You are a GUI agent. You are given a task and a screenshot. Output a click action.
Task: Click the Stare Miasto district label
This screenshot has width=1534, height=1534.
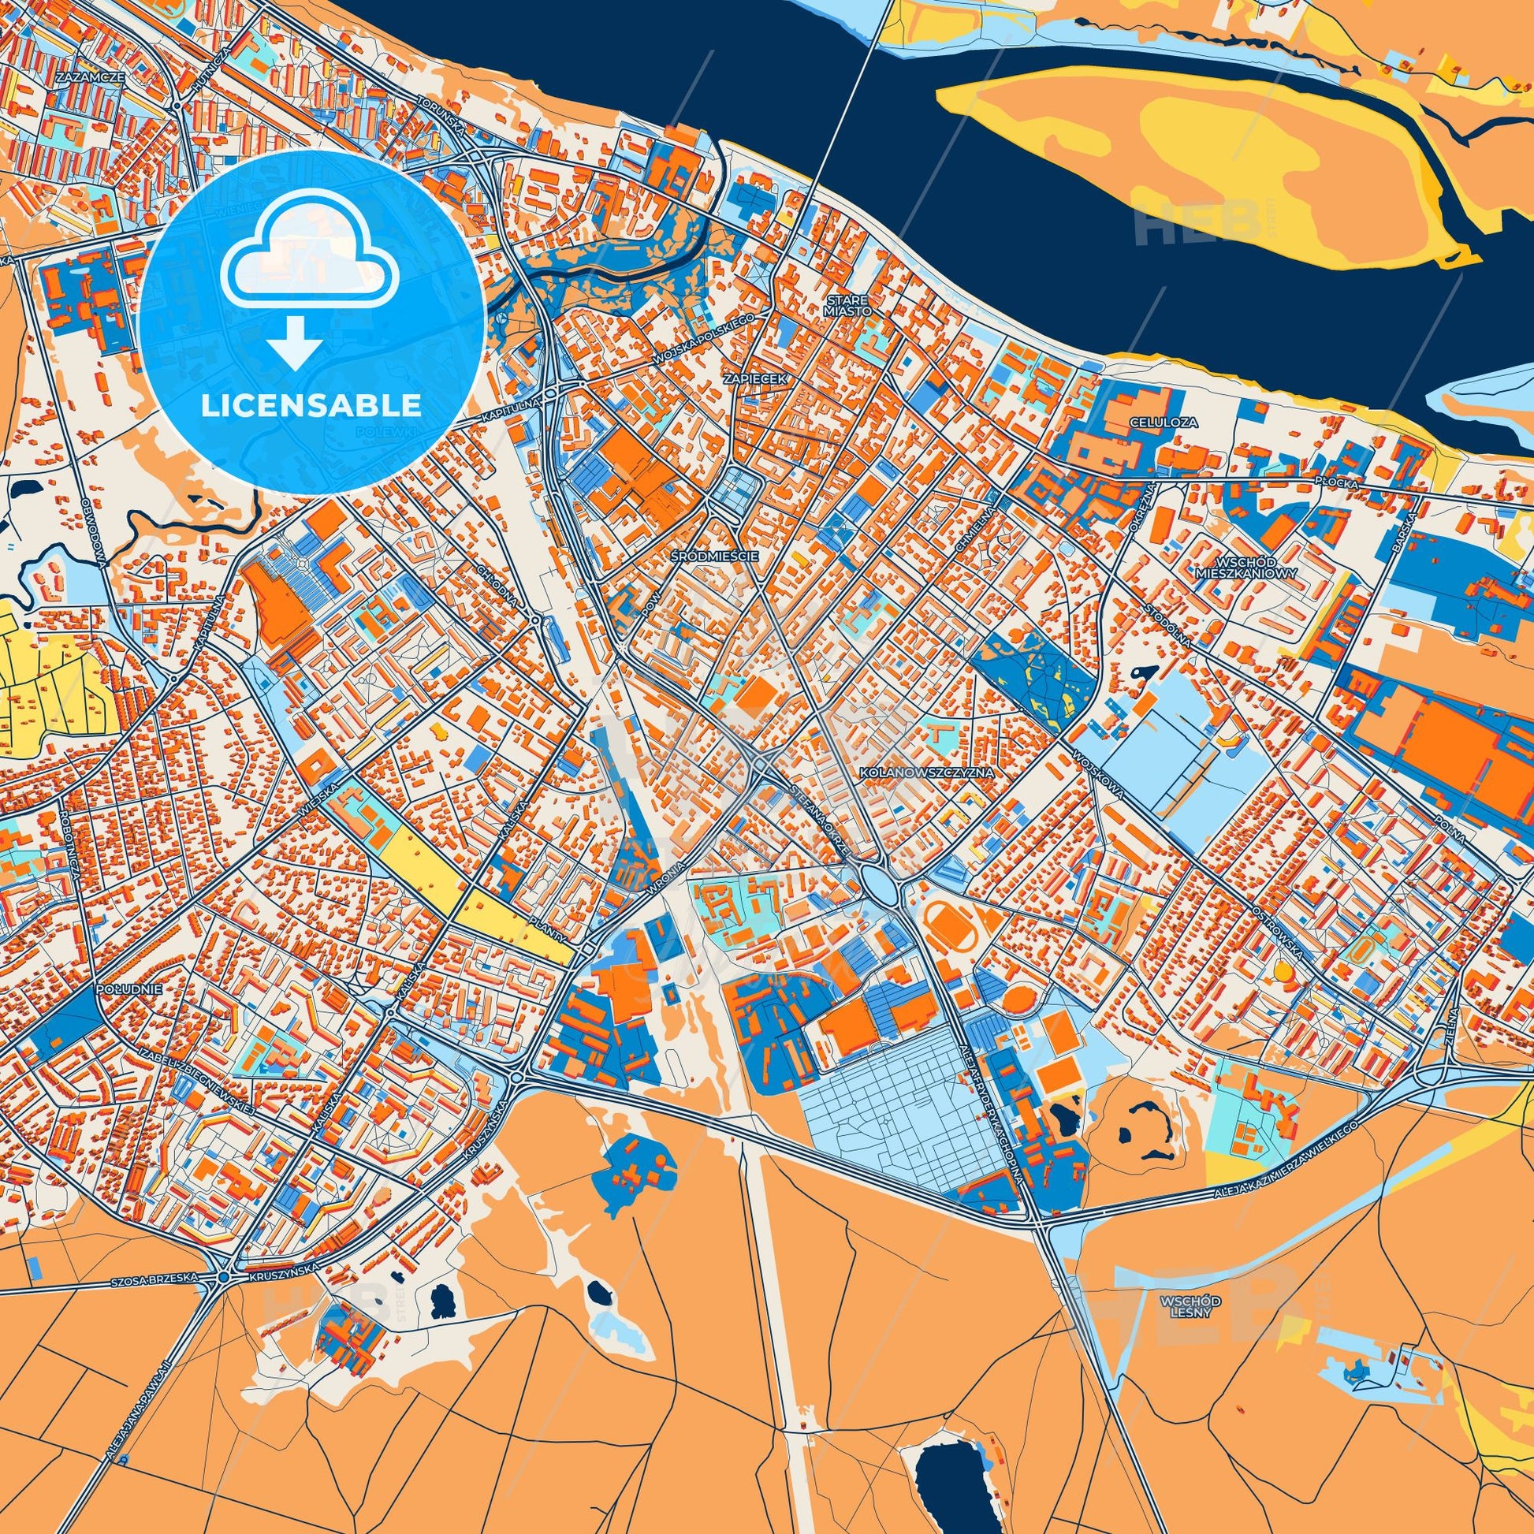click(x=848, y=306)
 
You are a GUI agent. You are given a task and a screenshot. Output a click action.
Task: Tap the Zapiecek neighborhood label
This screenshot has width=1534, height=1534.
click(x=756, y=379)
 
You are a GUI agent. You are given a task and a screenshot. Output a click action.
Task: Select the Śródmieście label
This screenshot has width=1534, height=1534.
click(x=714, y=557)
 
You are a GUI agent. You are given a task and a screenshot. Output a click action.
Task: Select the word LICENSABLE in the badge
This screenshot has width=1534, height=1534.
click(x=311, y=407)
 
